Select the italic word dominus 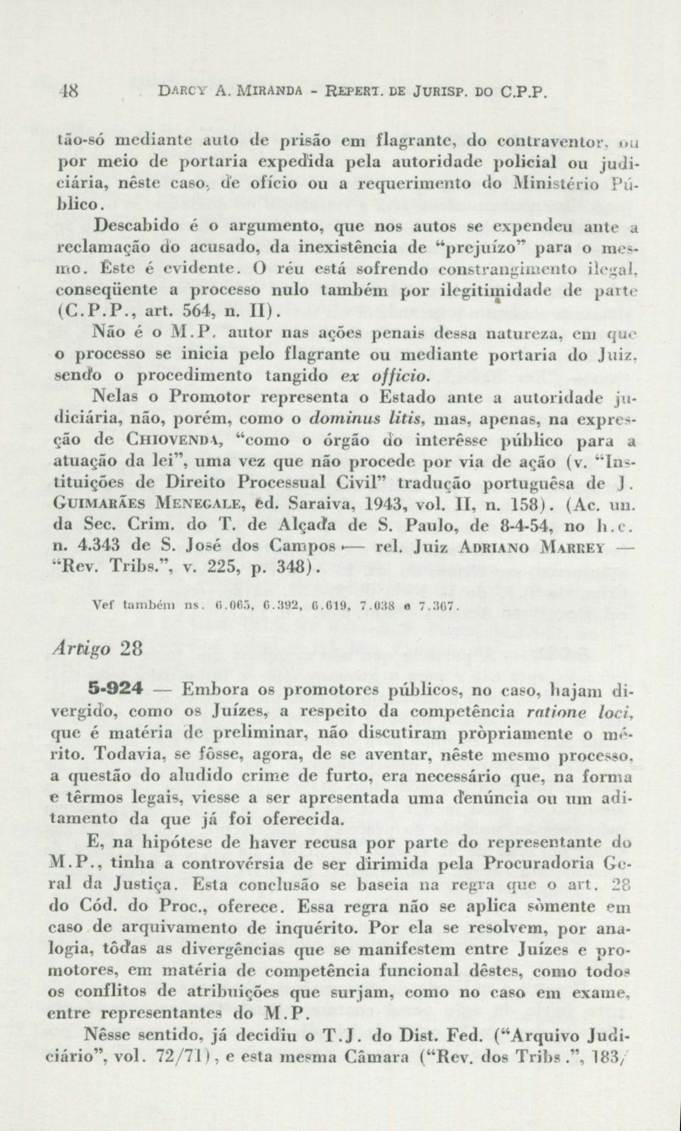pyautogui.click(x=339, y=419)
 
